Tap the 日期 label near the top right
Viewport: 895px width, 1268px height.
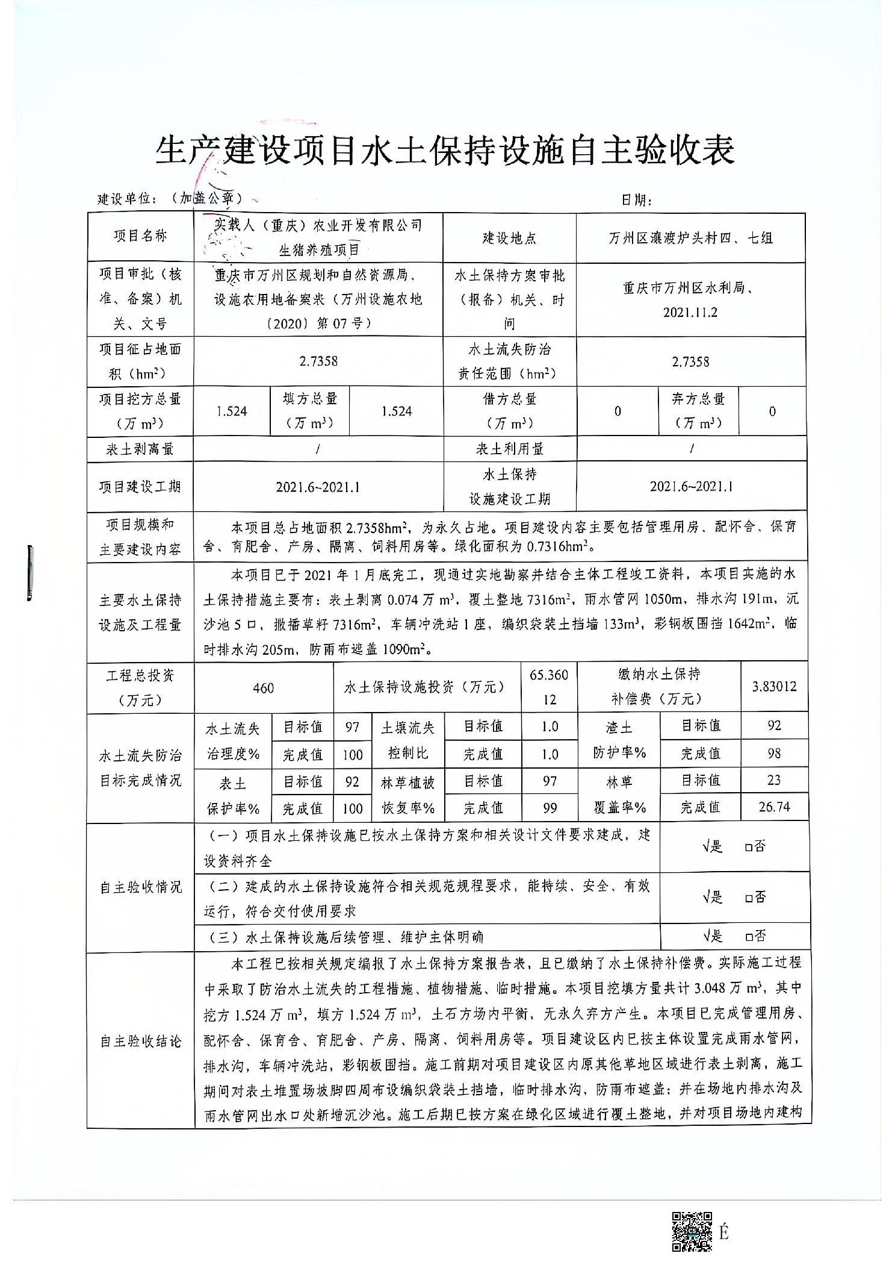[x=636, y=199]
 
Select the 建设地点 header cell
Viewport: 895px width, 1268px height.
[x=509, y=238]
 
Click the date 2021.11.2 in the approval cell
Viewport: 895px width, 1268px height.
[x=690, y=313]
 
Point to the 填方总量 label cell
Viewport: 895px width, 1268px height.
[x=310, y=411]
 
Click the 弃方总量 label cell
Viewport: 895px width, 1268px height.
[x=698, y=411]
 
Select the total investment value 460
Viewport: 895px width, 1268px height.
[x=264, y=688]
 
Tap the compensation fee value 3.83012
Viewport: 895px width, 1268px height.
[x=774, y=687]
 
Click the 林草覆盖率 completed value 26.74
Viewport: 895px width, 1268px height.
[x=774, y=807]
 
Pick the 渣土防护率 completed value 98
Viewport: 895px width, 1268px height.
[x=774, y=754]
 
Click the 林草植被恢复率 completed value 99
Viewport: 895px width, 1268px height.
[x=550, y=808]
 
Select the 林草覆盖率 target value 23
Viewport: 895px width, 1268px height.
[x=774, y=781]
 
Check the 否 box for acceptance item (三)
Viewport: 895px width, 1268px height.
[x=749, y=937]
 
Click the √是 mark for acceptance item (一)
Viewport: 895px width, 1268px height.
[x=712, y=847]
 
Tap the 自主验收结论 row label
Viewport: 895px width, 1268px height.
[x=140, y=1041]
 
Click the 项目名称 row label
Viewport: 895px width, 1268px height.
[x=140, y=236]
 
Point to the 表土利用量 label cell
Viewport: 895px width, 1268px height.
[x=509, y=449]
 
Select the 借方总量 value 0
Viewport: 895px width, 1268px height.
[x=618, y=411]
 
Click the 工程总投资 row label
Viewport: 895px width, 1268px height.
[x=140, y=688]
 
